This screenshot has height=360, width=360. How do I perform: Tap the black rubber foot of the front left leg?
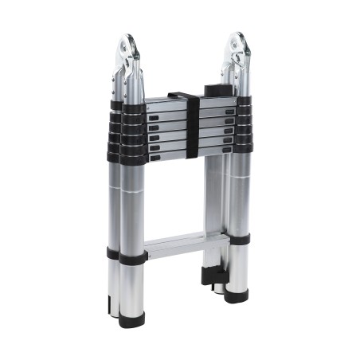click(x=132, y=320)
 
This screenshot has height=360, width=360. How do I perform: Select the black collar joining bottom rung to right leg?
click(x=238, y=238)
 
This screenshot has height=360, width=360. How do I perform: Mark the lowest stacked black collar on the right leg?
click(x=242, y=147)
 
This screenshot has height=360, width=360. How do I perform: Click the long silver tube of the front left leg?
click(x=132, y=207)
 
